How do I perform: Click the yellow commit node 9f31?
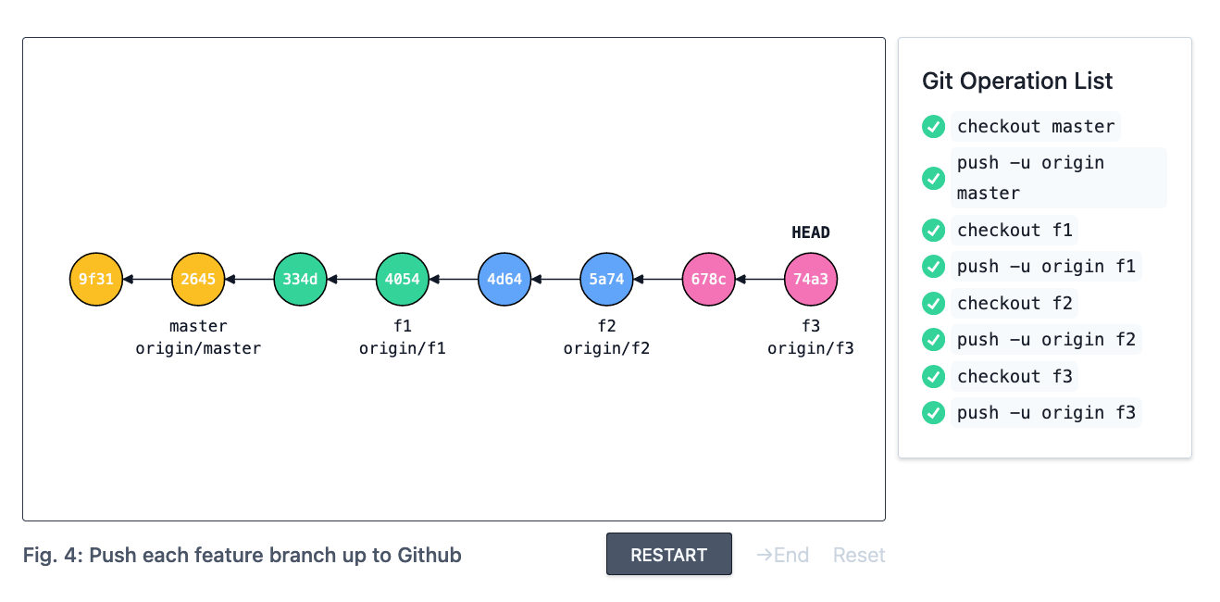pos(96,279)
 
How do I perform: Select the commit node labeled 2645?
pos(198,279)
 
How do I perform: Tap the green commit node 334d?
pos(300,279)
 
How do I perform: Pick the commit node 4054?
pos(403,279)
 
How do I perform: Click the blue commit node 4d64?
pos(504,279)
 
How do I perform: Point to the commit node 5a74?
pos(606,279)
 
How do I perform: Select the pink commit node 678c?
pos(708,279)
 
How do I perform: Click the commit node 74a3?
pos(811,279)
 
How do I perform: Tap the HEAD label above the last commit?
pos(811,232)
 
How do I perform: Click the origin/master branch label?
pos(198,348)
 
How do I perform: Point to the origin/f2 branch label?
pos(606,348)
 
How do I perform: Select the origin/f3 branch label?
pos(811,348)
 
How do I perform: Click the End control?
pos(783,555)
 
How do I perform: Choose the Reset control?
pos(859,555)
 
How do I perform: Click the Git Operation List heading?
pos(1017,82)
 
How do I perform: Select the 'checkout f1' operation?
pos(1015,230)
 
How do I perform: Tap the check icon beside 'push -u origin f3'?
pos(934,412)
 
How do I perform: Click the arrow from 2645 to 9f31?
pos(147,279)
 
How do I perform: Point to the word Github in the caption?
pos(429,555)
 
